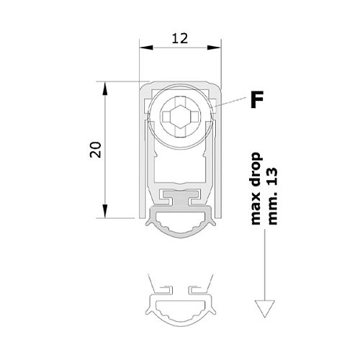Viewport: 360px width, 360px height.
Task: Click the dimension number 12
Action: coord(180,39)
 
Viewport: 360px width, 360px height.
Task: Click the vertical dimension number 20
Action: coord(96,150)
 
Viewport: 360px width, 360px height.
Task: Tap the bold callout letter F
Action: coord(257,99)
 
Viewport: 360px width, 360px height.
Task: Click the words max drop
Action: coord(255,189)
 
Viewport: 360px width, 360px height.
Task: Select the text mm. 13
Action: coord(272,196)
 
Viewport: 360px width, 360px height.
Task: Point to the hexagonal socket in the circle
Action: coord(181,117)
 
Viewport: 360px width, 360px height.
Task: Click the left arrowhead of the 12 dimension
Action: coord(146,48)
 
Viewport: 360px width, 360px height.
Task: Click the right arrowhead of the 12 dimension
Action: coord(214,48)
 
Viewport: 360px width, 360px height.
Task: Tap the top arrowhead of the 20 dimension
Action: coord(105,89)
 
